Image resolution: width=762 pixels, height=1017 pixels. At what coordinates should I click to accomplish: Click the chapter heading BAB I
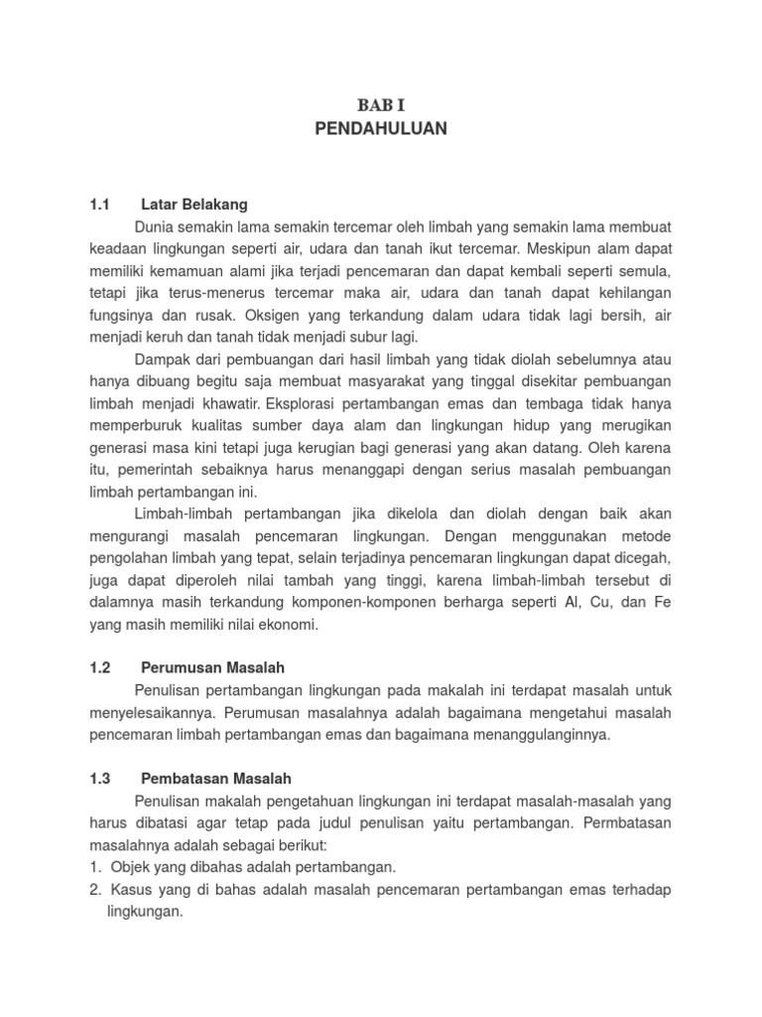(x=381, y=104)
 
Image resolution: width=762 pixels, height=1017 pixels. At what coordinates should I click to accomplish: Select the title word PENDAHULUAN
(x=381, y=128)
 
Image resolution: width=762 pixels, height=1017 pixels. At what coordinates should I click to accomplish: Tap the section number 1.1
(x=98, y=205)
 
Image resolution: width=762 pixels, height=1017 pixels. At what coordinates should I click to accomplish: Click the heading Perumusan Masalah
(x=212, y=668)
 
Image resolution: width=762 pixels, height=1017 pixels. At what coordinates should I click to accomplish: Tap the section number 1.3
(x=98, y=779)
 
